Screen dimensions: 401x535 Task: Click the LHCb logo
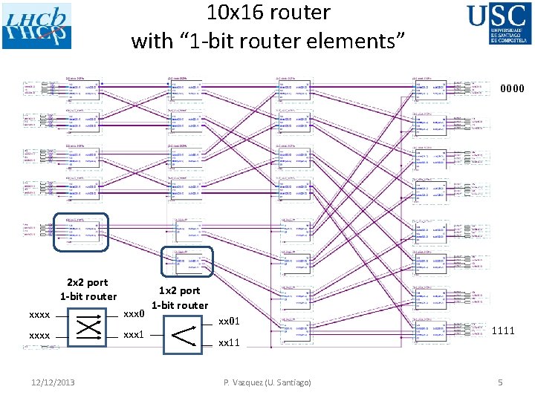pos(36,26)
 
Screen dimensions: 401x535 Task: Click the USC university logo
pos(500,24)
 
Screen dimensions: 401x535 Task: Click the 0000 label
pos(512,89)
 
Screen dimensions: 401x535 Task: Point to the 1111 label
pos(503,330)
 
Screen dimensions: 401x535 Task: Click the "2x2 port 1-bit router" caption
pos(88,289)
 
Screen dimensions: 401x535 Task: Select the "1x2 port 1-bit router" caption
pos(180,298)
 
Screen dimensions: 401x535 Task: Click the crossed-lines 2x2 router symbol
pos(88,325)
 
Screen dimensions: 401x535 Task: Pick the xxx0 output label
pos(134,313)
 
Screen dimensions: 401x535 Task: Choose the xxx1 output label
pos(134,335)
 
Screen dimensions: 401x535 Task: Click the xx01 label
pos(229,322)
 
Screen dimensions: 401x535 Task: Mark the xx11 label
pos(229,342)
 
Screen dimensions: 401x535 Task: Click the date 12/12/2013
pos(53,382)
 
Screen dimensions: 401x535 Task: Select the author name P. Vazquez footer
pos(267,382)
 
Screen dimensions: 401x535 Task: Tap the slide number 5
pos(500,382)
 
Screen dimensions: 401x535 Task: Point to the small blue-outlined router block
pos(187,261)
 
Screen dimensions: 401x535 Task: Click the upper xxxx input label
pos(39,314)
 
